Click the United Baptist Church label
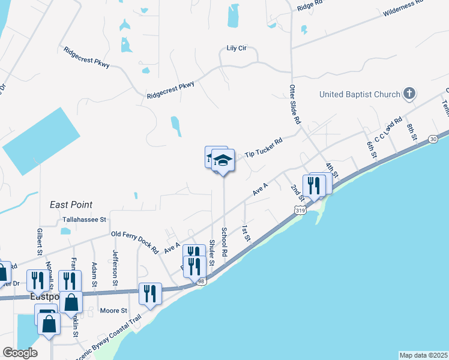tap(360, 94)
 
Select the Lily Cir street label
tap(237, 49)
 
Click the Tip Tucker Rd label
tap(264, 149)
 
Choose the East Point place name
tap(71, 205)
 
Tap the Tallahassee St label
tap(84, 220)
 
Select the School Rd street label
tap(224, 242)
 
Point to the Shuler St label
tap(212, 250)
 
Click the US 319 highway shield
tap(300, 210)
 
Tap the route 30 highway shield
tap(433, 139)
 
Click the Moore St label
tap(113, 311)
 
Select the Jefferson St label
tap(114, 262)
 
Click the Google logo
tap(20, 353)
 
